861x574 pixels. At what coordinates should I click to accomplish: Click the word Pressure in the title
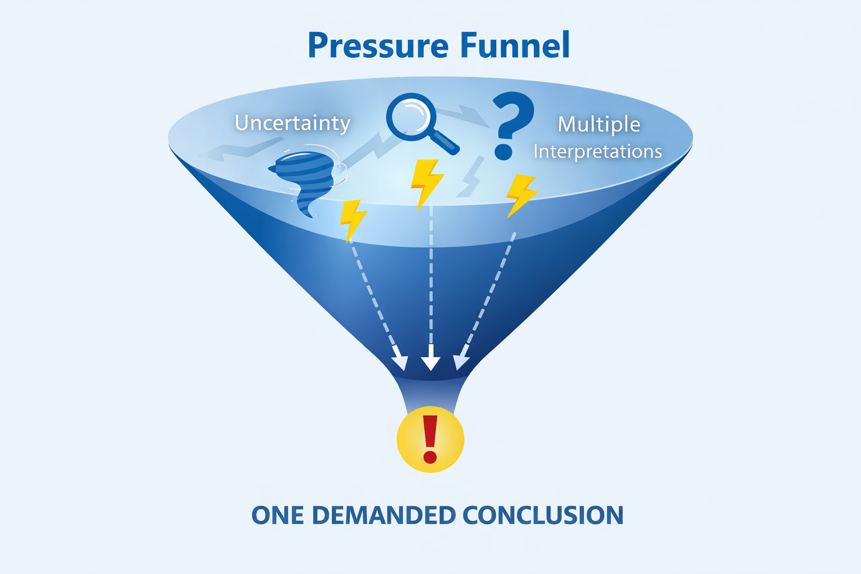tap(378, 46)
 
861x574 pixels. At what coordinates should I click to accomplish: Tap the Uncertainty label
tap(292, 123)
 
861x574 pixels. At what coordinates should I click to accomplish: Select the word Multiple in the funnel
tap(599, 124)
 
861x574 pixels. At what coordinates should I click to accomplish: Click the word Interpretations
tap(598, 151)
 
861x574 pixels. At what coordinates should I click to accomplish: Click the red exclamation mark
tap(430, 439)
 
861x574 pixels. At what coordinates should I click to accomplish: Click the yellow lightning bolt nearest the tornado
tap(353, 219)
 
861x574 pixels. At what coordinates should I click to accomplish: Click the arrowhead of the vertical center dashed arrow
tap(430, 363)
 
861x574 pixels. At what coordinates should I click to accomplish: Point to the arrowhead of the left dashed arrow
tap(400, 362)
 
